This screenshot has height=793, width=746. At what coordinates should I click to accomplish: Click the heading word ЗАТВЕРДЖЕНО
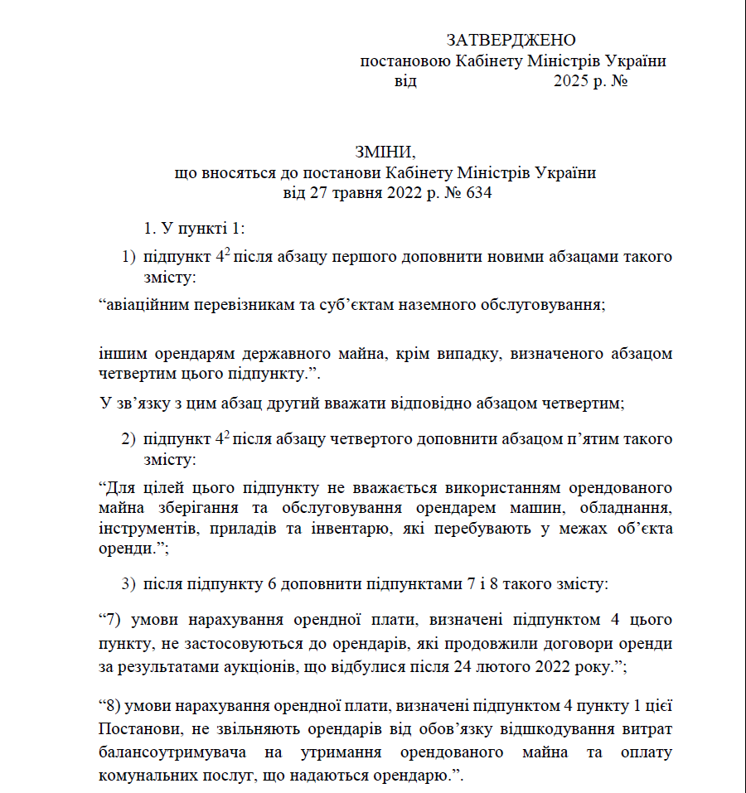511,40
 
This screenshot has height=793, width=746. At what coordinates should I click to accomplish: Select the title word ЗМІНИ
384,152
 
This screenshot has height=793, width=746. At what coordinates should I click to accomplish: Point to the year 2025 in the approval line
571,81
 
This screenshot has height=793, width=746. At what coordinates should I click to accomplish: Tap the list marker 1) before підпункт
128,256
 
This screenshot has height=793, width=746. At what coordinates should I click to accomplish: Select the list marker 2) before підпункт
128,438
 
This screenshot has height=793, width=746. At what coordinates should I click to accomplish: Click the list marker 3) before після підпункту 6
128,583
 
